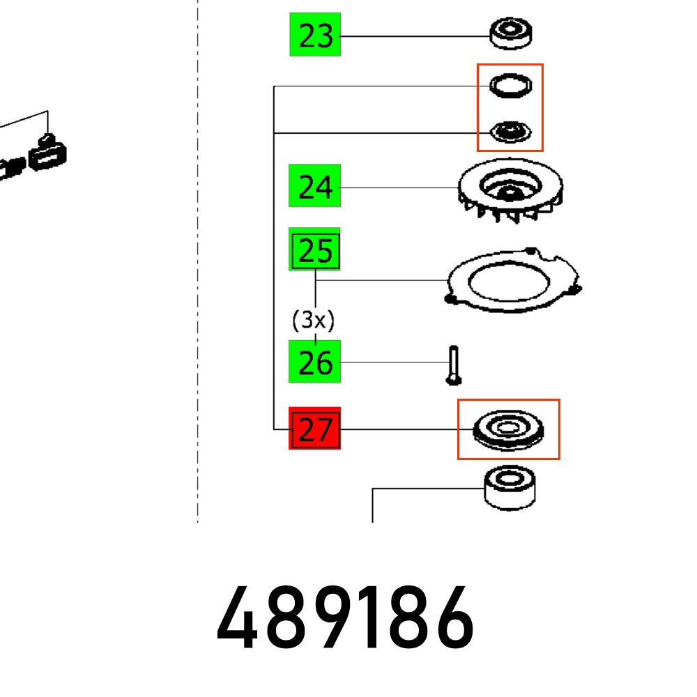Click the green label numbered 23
pos(315,34)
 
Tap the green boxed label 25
pos(315,250)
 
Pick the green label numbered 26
pos(315,362)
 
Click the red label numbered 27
pos(315,429)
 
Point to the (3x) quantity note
pos(314,321)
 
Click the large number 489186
pos(346,619)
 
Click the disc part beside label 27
pos(507,429)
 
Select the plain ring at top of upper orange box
pos(510,86)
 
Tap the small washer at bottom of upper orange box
pos(510,130)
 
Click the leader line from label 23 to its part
pos(415,36)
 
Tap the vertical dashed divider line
pos(198,279)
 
